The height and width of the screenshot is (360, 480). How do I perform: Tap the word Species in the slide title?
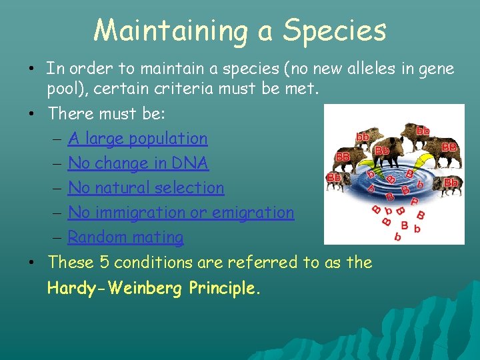[x=335, y=30]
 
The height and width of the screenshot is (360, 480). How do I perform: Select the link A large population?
[x=137, y=139]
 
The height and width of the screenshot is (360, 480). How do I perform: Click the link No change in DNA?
[x=138, y=163]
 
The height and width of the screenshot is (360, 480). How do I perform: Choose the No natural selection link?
[x=146, y=188]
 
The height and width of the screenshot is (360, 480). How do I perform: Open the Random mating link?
[x=125, y=237]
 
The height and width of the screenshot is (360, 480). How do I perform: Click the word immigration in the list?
[x=150, y=213]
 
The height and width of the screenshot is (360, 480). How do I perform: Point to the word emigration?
[x=256, y=213]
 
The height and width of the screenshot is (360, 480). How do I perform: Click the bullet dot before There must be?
[x=32, y=115]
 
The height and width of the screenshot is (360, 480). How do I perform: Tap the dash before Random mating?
[x=57, y=237]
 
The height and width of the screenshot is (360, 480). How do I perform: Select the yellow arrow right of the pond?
[x=418, y=163]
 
